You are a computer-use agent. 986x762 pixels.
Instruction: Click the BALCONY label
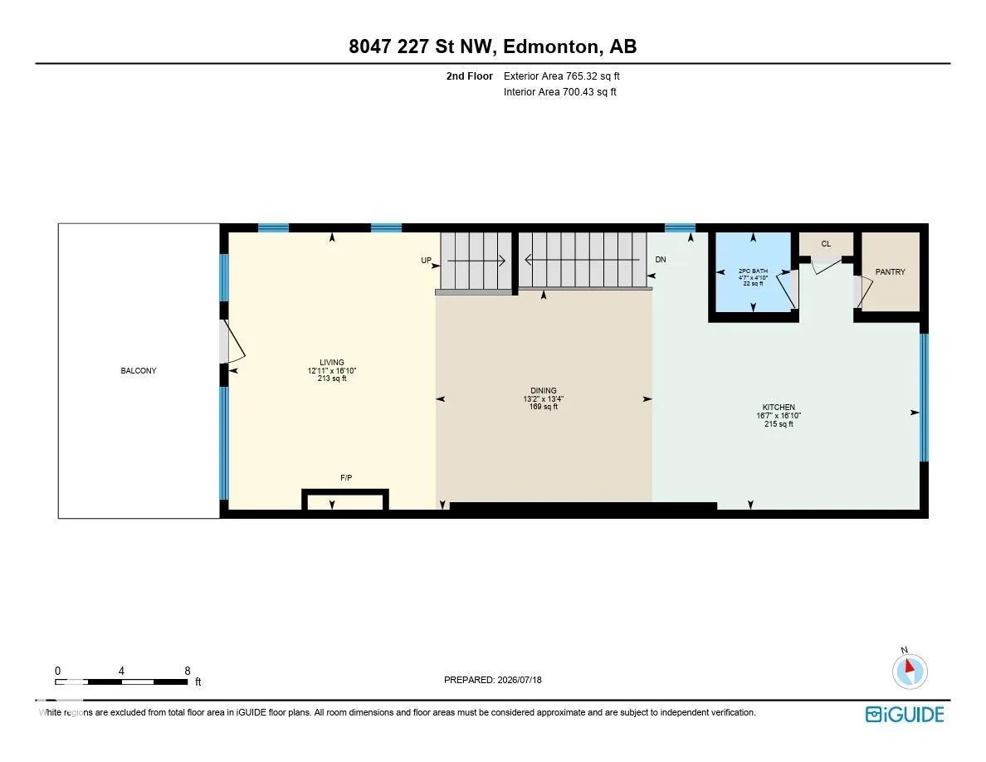[x=139, y=371]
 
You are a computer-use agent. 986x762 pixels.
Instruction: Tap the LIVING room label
[x=331, y=362]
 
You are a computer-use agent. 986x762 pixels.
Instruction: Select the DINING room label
[x=544, y=390]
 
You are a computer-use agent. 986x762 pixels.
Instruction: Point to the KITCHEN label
[x=779, y=408]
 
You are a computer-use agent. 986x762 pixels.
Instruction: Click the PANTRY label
[x=891, y=272]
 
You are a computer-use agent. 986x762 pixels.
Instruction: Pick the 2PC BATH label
[x=753, y=271]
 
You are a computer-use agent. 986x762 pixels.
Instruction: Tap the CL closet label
[x=827, y=244]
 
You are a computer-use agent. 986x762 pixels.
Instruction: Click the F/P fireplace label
[x=346, y=478]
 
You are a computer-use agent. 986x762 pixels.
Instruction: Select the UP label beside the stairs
[x=427, y=261]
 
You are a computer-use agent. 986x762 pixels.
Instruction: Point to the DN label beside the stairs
[x=661, y=260]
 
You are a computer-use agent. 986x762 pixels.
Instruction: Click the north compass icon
[x=910, y=670]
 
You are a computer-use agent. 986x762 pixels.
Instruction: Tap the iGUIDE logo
[x=905, y=715]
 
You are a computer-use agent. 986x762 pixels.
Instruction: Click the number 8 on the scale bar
[x=188, y=671]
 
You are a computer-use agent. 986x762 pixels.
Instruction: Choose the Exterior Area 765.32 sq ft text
[x=562, y=76]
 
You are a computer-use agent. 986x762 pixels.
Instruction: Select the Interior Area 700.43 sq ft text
[x=559, y=92]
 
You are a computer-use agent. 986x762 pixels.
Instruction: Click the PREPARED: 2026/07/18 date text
[x=492, y=680]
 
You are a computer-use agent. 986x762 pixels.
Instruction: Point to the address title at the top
[x=493, y=46]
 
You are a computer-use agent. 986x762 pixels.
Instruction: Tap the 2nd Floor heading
[x=470, y=76]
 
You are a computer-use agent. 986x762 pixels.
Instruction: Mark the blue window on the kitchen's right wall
[x=924, y=398]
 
